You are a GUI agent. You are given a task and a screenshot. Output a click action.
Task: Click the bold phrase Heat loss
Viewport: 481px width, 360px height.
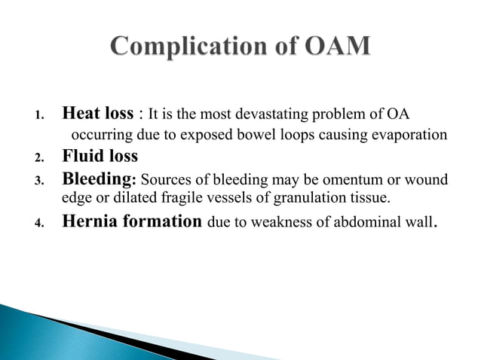97,114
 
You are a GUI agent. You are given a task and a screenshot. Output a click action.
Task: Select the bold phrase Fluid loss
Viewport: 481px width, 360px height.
100,157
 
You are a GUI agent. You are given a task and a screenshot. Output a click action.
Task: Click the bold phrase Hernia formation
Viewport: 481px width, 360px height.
132,221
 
